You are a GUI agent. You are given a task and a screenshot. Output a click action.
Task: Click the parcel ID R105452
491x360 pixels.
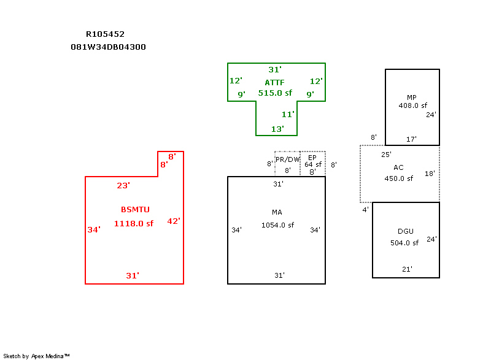click(x=105, y=34)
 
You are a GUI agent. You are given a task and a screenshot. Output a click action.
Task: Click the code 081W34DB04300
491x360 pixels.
click(x=109, y=47)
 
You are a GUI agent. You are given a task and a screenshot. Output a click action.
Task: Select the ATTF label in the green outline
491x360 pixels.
click(x=274, y=83)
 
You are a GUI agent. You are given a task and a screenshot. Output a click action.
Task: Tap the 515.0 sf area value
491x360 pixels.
click(x=275, y=93)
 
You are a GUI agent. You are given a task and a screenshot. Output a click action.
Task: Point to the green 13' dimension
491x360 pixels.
click(x=277, y=129)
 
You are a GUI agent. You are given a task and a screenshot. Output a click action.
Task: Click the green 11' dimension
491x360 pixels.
click(x=288, y=114)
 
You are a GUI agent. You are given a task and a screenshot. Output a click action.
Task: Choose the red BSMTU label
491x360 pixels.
click(x=135, y=209)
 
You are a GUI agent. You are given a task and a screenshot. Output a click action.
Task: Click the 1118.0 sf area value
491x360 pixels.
click(x=134, y=223)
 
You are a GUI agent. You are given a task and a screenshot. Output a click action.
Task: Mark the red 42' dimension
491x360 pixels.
click(x=174, y=221)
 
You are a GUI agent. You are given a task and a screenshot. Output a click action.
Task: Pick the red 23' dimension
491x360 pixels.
click(x=123, y=185)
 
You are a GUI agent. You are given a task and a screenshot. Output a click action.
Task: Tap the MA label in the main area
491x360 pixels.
click(x=277, y=212)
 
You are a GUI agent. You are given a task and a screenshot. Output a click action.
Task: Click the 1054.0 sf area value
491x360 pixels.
click(x=278, y=225)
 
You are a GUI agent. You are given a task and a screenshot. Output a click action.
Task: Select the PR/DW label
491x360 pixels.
click(x=287, y=159)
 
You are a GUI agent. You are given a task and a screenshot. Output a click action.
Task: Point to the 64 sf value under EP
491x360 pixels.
click(x=313, y=164)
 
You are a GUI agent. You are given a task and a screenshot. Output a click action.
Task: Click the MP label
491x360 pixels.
click(x=412, y=98)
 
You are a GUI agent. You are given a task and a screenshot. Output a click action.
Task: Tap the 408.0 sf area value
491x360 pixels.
click(x=412, y=105)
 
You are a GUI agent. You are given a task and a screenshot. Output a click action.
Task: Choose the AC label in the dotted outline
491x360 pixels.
click(x=398, y=167)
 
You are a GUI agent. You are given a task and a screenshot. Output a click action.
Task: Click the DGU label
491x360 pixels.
click(x=406, y=231)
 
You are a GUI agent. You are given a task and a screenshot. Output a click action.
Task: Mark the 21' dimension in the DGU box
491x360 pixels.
click(x=407, y=269)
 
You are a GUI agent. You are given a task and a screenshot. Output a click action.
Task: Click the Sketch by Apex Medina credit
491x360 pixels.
click(x=36, y=356)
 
